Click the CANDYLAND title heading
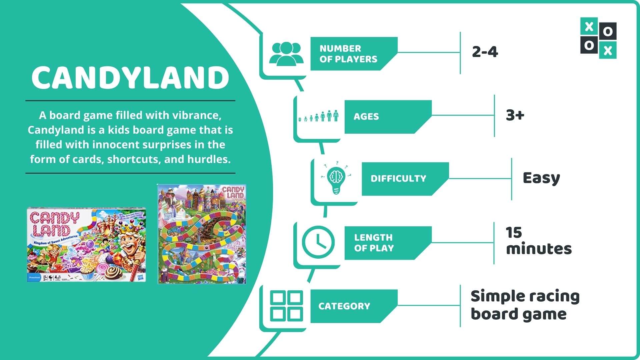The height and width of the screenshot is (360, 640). (130, 77)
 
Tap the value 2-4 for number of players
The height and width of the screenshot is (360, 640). (485, 52)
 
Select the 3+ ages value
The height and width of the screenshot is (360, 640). (515, 115)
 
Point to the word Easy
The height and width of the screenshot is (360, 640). (541, 178)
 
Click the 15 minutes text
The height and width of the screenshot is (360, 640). (538, 241)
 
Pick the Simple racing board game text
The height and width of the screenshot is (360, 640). (525, 305)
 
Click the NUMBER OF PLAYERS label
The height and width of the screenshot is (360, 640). (348, 54)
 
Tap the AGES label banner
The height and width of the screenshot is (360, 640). (366, 117)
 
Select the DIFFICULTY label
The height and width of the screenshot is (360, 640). (398, 179)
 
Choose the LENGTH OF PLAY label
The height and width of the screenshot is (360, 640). (374, 243)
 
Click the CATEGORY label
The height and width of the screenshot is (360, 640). (344, 306)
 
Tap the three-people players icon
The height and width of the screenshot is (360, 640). (286, 53)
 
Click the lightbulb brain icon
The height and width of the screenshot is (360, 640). (336, 178)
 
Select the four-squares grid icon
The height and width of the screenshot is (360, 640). (286, 306)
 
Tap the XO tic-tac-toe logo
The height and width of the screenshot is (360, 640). (598, 38)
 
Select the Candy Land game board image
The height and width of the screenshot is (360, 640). (202, 234)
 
